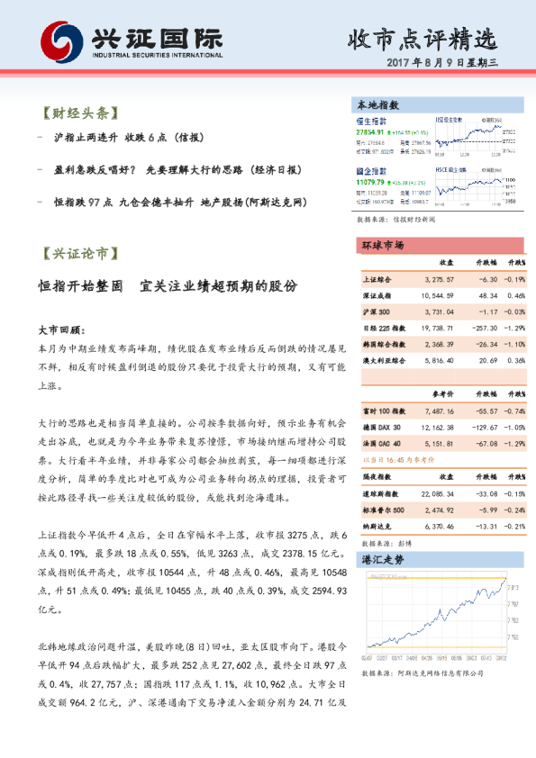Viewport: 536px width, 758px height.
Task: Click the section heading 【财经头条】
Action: (x=80, y=114)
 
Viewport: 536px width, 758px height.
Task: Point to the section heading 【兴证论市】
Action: (x=80, y=255)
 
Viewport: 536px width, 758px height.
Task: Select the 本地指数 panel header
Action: (x=378, y=105)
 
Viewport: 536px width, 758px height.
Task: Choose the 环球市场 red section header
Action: (x=382, y=245)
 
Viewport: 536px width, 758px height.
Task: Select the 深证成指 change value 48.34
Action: (x=487, y=295)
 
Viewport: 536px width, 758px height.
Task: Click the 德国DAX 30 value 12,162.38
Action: (x=436, y=427)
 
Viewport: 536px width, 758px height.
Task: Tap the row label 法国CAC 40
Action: (x=383, y=444)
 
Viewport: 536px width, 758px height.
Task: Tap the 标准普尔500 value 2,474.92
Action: (x=438, y=510)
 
